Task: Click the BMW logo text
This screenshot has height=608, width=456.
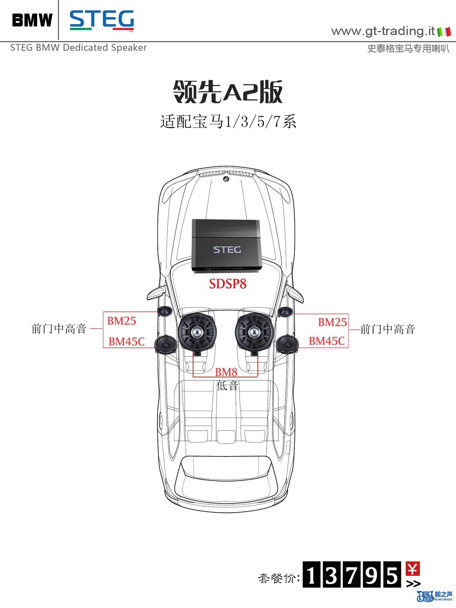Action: pyautogui.click(x=32, y=20)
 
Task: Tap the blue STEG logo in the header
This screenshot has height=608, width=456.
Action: pyautogui.click(x=101, y=20)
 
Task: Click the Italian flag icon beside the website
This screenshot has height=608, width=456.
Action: pyautogui.click(x=444, y=32)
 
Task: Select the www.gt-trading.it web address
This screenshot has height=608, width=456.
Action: pyautogui.click(x=383, y=31)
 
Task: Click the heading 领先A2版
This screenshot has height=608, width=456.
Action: pyautogui.click(x=228, y=92)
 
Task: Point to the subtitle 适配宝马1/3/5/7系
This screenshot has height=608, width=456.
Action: pyautogui.click(x=228, y=122)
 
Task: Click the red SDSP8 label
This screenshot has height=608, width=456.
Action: pyautogui.click(x=228, y=284)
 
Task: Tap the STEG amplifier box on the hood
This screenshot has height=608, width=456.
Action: pyautogui.click(x=227, y=246)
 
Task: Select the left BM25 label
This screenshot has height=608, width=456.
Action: pyautogui.click(x=122, y=321)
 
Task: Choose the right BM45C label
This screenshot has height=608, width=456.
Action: pyautogui.click(x=327, y=341)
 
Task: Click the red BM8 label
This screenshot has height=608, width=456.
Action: pyautogui.click(x=226, y=372)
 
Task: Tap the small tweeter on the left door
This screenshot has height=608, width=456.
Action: pyautogui.click(x=165, y=311)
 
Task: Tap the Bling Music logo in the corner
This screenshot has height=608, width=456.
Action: pyautogui.click(x=434, y=596)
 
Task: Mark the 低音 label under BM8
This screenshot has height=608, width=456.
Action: pyautogui.click(x=228, y=386)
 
